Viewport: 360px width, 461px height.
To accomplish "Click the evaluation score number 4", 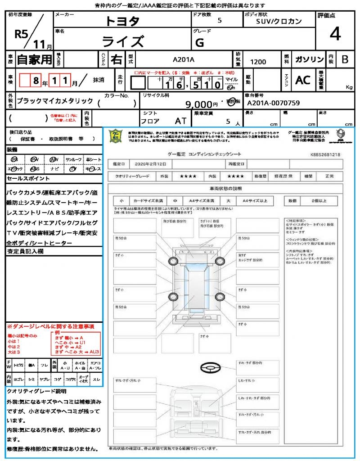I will click(335, 34).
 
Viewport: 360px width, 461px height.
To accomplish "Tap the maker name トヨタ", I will click(122, 21).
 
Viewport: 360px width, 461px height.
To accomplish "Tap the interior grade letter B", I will click(345, 59).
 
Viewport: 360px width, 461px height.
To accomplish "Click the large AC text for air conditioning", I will click(303, 80).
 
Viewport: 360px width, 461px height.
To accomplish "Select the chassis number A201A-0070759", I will click(274, 103).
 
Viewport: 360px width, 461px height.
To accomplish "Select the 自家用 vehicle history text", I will click(34, 59).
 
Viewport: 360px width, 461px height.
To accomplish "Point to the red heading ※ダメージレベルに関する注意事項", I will click(50, 326).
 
